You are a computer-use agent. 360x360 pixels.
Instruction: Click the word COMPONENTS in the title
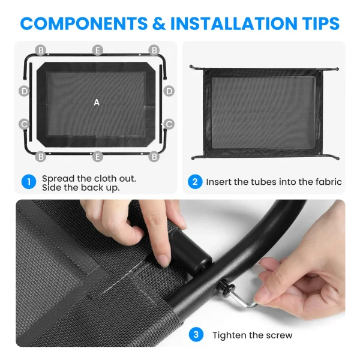pyautogui.click(x=84, y=23)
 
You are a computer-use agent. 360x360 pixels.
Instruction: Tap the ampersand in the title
pyautogui.click(x=159, y=23)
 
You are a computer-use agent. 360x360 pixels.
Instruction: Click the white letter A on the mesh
pyautogui.click(x=97, y=103)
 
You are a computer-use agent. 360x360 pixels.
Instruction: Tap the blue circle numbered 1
pyautogui.click(x=29, y=182)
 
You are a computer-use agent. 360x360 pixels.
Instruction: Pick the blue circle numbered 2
pyautogui.click(x=195, y=182)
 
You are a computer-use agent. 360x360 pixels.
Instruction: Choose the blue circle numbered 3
pyautogui.click(x=196, y=335)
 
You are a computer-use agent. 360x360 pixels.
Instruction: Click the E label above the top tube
pyautogui.click(x=98, y=50)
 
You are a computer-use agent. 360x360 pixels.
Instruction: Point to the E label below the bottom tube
pyautogui.click(x=98, y=157)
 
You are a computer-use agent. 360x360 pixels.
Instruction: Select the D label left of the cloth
pyautogui.click(x=24, y=91)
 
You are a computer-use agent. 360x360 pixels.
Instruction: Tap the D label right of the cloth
pyautogui.click(x=169, y=91)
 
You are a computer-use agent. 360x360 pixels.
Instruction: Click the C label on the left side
pyautogui.click(x=24, y=124)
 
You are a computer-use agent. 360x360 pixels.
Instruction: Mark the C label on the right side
pyautogui.click(x=169, y=124)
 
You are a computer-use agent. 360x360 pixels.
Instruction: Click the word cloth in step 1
pyautogui.click(x=102, y=179)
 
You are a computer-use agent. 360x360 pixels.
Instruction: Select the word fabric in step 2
pyautogui.click(x=329, y=182)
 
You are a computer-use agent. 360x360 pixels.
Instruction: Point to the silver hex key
pyautogui.click(x=243, y=300)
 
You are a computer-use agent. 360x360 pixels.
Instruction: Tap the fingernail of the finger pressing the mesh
pyautogui.click(x=164, y=261)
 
